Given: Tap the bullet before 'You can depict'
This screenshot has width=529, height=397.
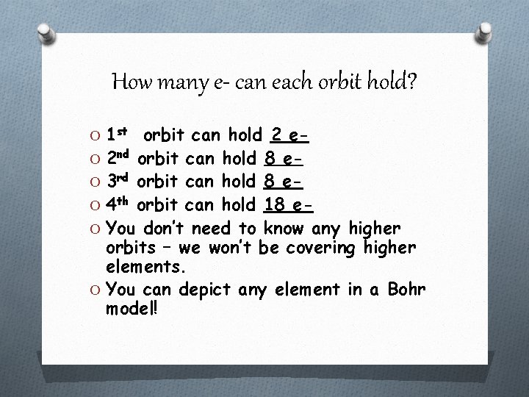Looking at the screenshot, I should (94, 288).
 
